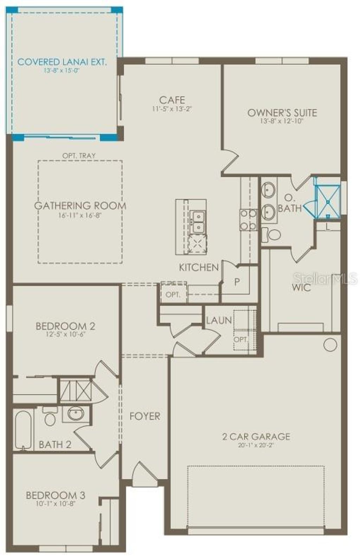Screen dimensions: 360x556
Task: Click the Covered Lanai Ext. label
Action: pyautogui.click(x=62, y=62)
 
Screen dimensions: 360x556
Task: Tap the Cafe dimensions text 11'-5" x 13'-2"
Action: pyautogui.click(x=172, y=109)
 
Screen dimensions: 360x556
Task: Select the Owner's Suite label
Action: pyautogui.click(x=282, y=113)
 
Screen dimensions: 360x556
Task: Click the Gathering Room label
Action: pyautogui.click(x=80, y=206)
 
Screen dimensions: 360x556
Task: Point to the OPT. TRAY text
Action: pyautogui.click(x=79, y=155)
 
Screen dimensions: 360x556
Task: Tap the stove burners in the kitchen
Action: pyautogui.click(x=248, y=220)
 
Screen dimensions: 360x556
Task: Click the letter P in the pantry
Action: pyautogui.click(x=237, y=282)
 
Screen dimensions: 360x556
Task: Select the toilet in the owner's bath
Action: pyautogui.click(x=272, y=234)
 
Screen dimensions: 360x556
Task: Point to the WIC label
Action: pyautogui.click(x=301, y=288)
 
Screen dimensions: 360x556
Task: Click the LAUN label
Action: pyautogui.click(x=219, y=320)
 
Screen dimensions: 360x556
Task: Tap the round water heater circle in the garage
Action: pyautogui.click(x=330, y=345)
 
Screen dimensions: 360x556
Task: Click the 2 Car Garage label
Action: pyautogui.click(x=256, y=436)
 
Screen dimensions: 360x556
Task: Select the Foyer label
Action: pyautogui.click(x=144, y=416)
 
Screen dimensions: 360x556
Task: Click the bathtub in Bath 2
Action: pyautogui.click(x=23, y=430)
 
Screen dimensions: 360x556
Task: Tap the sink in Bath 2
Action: pyautogui.click(x=76, y=414)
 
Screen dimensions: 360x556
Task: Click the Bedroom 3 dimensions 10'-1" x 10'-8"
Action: pyautogui.click(x=56, y=503)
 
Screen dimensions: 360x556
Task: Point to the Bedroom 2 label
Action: pyautogui.click(x=65, y=326)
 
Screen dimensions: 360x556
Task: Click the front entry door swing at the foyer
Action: pyautogui.click(x=144, y=474)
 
